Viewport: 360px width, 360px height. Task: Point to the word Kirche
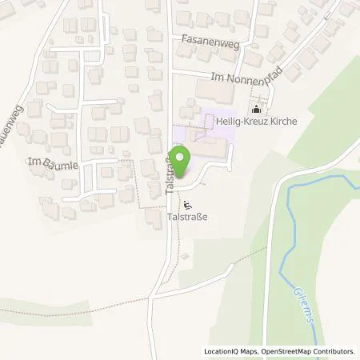click(284, 122)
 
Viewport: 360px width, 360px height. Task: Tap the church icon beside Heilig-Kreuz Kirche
click(256, 110)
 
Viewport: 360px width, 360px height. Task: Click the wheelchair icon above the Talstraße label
click(189, 203)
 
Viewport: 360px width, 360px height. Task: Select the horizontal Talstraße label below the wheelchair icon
click(190, 216)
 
